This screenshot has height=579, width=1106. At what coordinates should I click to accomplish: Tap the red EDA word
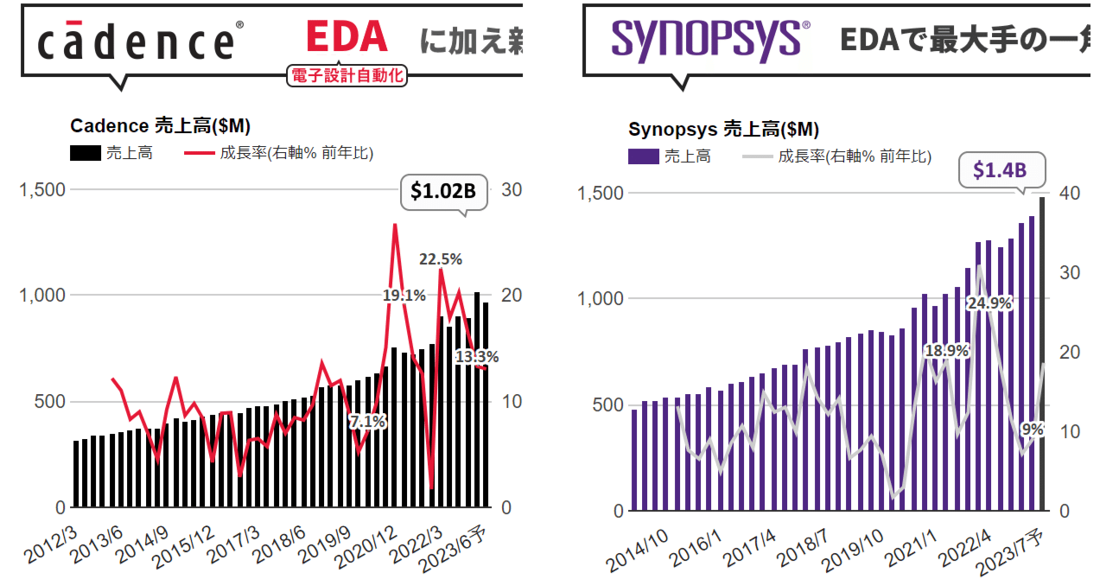coord(346,37)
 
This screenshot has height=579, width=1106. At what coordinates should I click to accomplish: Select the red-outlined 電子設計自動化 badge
coord(346,77)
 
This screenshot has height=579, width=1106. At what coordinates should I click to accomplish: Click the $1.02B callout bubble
coord(443,192)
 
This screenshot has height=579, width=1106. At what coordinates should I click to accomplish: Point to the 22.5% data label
coord(442,258)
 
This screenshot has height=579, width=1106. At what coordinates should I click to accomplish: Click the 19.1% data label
coord(404,296)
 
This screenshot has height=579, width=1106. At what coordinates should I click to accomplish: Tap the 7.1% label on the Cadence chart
coord(367,422)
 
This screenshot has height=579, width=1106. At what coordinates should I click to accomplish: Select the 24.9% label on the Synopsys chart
coord(990,302)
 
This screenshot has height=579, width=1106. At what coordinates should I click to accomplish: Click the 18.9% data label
coord(946,351)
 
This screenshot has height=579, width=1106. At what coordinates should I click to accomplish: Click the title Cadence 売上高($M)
coord(160,126)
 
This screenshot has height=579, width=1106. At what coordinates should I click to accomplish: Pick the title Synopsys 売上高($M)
coord(723,130)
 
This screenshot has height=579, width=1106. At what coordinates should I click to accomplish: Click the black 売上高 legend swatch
coord(85,154)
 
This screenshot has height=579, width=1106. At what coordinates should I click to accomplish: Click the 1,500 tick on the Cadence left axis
coord(42,189)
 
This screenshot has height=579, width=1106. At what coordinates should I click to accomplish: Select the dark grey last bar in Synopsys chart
coord(1042,354)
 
